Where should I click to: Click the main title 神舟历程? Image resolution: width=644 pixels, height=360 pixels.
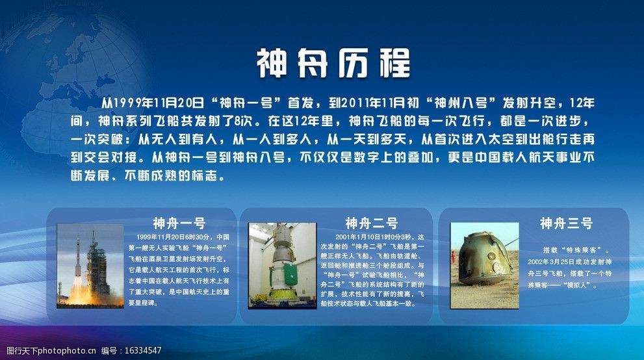(x=333, y=64)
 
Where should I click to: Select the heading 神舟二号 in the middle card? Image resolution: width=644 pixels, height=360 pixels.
(x=371, y=223)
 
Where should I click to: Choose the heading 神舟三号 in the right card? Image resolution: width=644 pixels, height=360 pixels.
(x=566, y=223)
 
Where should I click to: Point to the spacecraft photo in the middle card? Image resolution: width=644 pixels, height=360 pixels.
(x=281, y=265)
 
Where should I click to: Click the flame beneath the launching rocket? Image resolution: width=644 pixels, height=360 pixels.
(x=77, y=294)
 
